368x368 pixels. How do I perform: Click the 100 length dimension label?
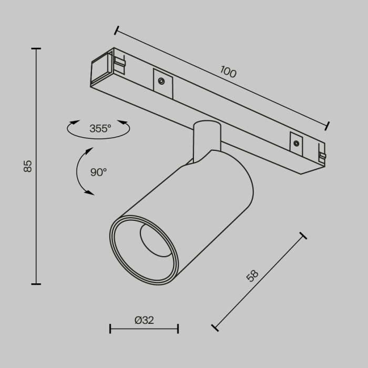pyautogui.click(x=228, y=71)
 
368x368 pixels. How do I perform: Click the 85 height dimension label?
pyautogui.click(x=28, y=166)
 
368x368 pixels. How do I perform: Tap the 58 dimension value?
pyautogui.click(x=253, y=275)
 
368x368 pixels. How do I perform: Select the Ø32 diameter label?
pyautogui.click(x=144, y=320)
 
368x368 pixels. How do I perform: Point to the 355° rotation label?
pyautogui.click(x=100, y=128)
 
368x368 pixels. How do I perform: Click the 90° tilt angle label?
pyautogui.click(x=98, y=172)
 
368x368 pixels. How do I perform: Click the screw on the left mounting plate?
pyautogui.click(x=161, y=81)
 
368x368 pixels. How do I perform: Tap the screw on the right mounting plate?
pyautogui.click(x=297, y=143)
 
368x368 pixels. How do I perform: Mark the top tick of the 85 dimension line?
pyautogui.click(x=36, y=48)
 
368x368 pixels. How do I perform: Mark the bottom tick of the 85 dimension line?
pyautogui.click(x=36, y=284)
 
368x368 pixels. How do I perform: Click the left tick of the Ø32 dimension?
pyautogui.click(x=110, y=329)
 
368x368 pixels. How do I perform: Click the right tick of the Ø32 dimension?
pyautogui.click(x=178, y=329)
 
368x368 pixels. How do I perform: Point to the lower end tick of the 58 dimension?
pyautogui.click(x=214, y=328)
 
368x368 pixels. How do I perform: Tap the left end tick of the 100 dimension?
pyautogui.click(x=116, y=30)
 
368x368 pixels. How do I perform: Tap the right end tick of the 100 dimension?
pyautogui.click(x=328, y=126)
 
